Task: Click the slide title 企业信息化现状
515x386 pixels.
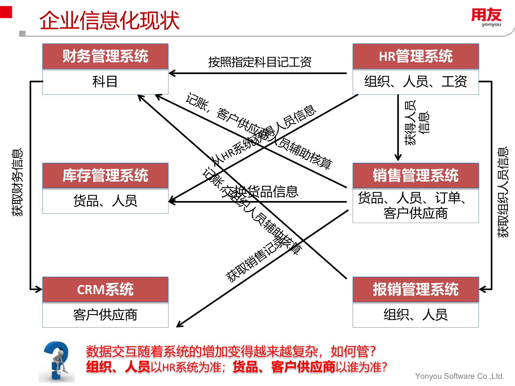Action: click(x=109, y=20)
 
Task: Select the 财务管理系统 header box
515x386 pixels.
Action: click(x=105, y=56)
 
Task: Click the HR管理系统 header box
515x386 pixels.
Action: click(x=415, y=56)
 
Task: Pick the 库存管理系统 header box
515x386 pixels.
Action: click(x=105, y=176)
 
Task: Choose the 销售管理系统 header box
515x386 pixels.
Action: click(x=415, y=176)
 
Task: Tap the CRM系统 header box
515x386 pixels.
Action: click(x=105, y=289)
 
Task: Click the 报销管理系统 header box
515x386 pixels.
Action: click(x=415, y=289)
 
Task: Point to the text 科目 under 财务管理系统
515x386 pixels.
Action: click(x=105, y=81)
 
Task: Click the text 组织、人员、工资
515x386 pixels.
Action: click(x=415, y=81)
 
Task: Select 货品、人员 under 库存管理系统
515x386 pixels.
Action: click(x=105, y=201)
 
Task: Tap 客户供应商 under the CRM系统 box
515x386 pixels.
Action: click(x=105, y=315)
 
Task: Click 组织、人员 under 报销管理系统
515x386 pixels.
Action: click(x=415, y=315)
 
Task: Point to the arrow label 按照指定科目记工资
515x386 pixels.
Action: click(x=260, y=62)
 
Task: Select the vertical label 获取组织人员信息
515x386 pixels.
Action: click(x=503, y=192)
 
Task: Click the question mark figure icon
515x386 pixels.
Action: click(x=57, y=361)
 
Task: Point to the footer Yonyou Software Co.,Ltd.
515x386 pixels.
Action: click(x=459, y=376)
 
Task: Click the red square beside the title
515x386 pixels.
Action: click(x=6, y=12)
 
